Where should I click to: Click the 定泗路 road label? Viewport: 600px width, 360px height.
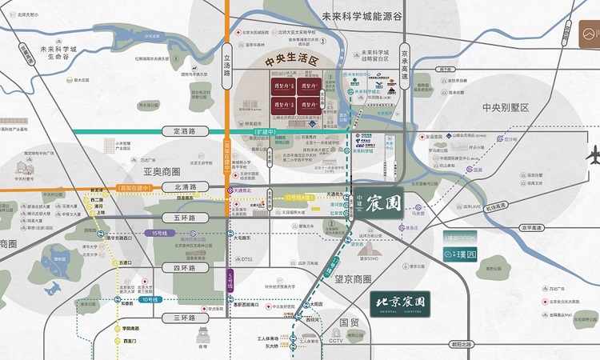pos(178,130)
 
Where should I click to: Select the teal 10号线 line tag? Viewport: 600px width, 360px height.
pos(149,299)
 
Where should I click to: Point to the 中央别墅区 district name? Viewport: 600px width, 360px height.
pos(506,107)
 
